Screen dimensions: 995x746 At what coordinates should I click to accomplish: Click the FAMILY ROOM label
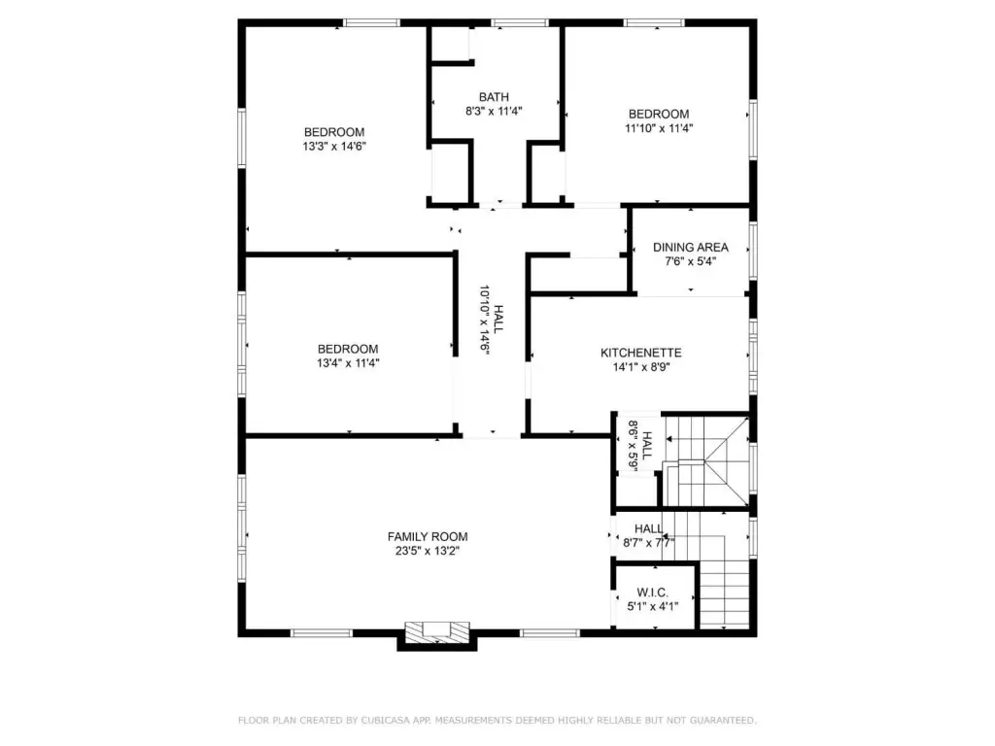428,536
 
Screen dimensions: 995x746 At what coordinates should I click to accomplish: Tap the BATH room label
494,97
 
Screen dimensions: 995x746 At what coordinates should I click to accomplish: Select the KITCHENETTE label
641,353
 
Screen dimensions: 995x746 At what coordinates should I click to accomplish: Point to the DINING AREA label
691,248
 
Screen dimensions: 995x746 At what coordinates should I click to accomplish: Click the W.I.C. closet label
652,593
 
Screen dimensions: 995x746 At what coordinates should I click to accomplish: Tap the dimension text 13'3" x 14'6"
334,147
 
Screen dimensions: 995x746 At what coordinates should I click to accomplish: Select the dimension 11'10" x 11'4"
659,128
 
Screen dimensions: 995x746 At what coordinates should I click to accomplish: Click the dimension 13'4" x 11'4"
348,363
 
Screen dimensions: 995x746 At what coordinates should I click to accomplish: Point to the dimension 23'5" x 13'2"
428,551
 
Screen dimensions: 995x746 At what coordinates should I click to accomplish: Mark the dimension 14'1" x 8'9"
641,366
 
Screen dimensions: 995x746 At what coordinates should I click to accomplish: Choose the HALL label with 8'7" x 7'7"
648,528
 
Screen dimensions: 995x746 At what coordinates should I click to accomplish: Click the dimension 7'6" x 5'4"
691,261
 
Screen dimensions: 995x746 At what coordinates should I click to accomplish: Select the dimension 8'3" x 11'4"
494,111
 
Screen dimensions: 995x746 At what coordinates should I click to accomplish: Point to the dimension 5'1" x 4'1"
652,606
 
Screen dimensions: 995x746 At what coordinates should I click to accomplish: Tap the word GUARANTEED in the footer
723,720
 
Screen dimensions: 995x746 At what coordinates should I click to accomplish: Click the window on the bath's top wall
520,23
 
